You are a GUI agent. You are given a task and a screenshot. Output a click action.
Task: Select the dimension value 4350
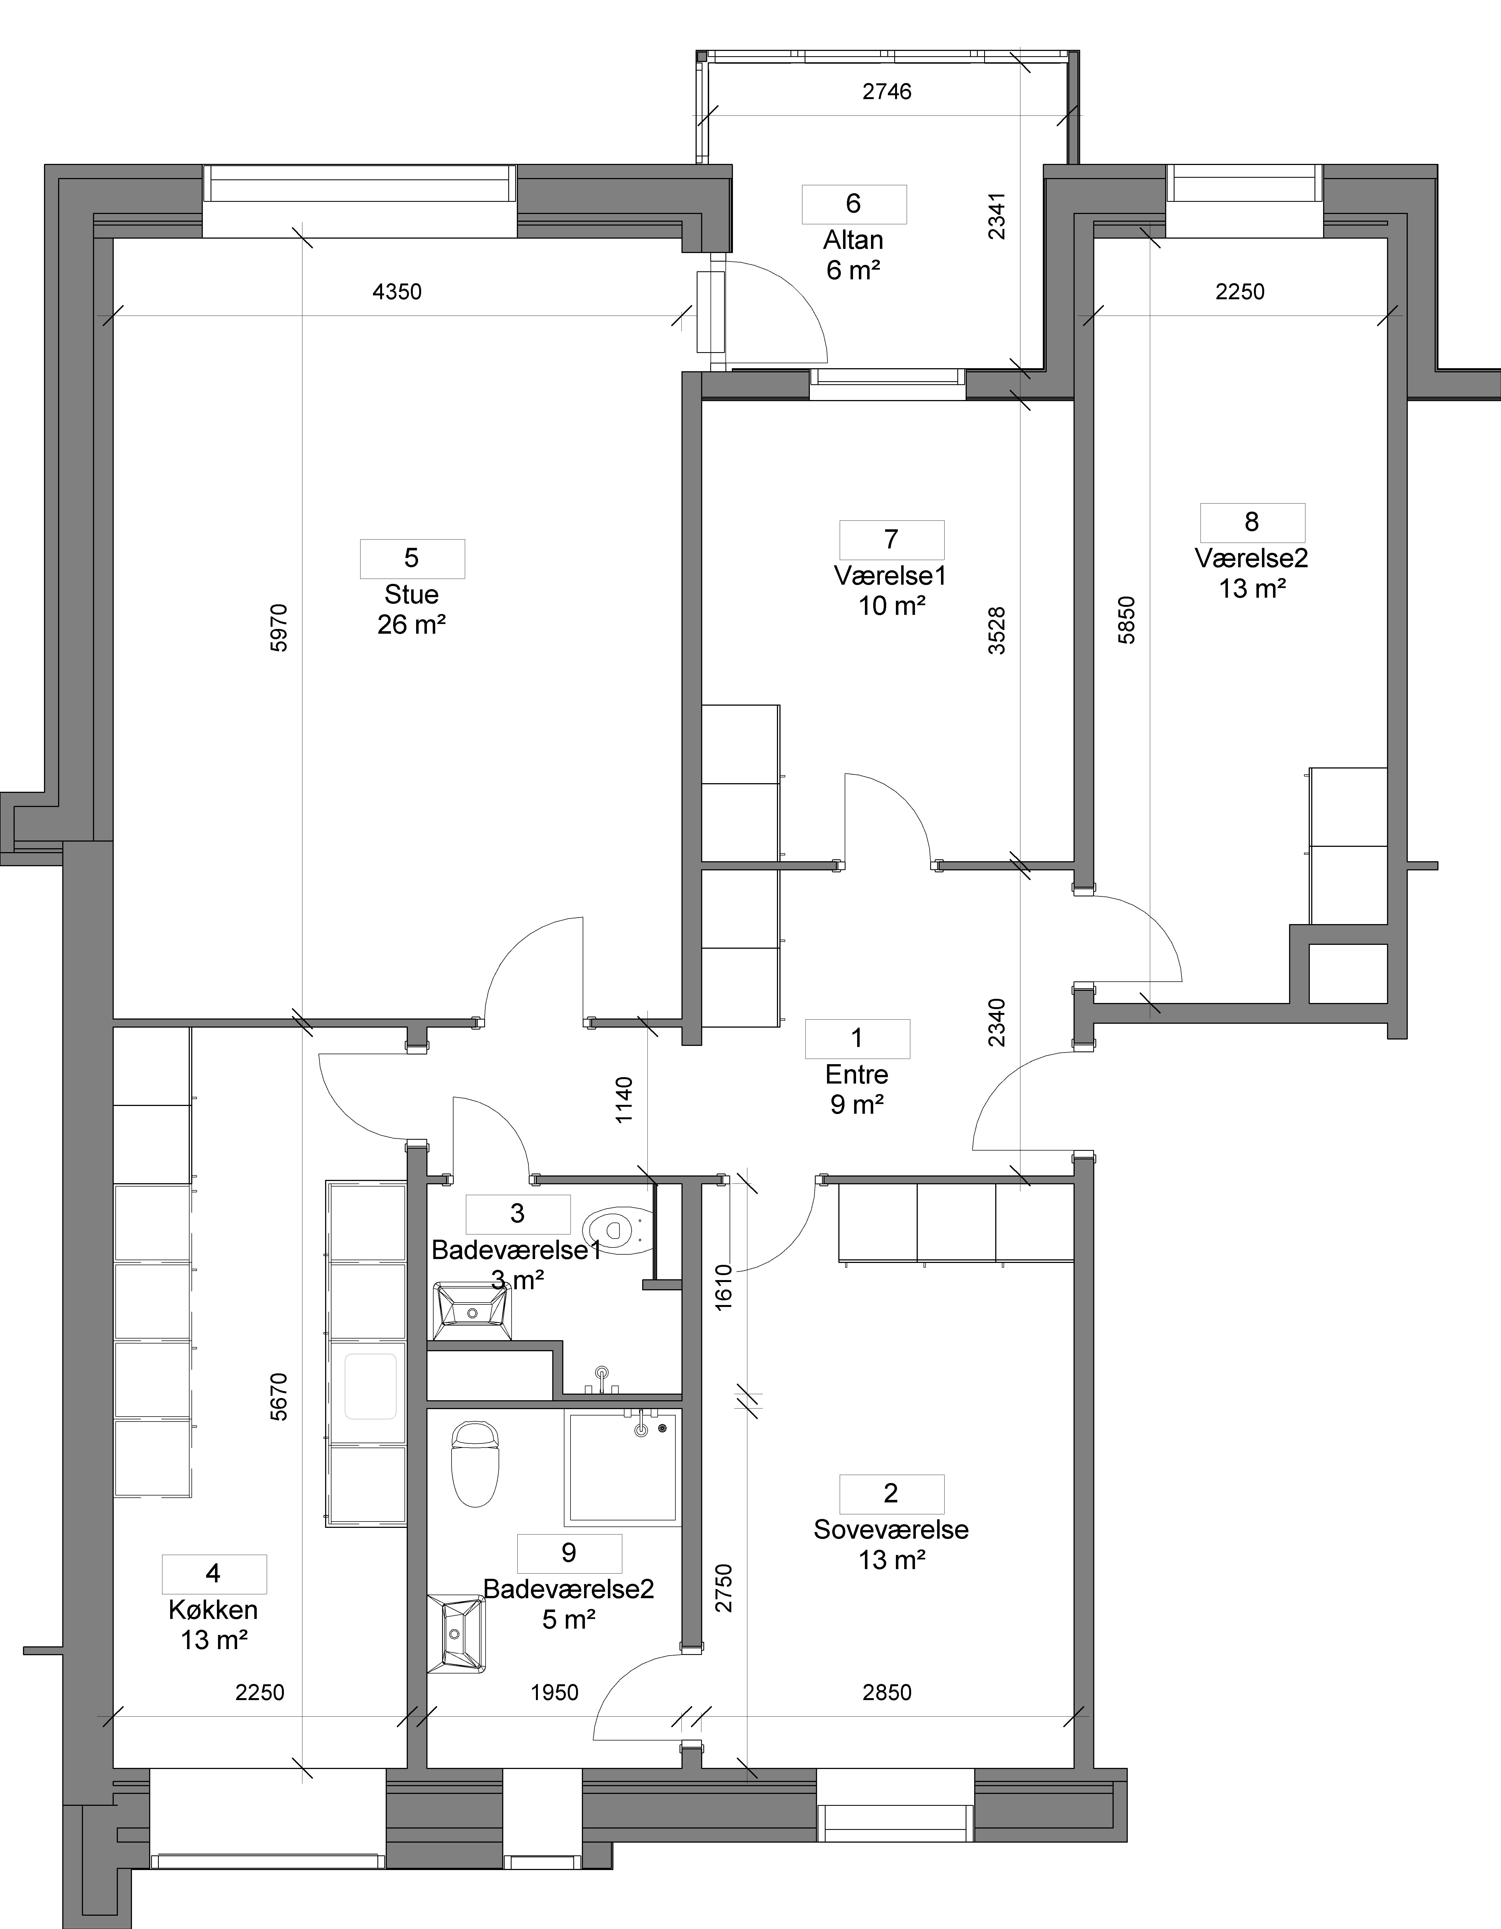pos(397,292)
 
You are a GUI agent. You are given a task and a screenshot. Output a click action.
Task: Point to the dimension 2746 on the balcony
pos(886,91)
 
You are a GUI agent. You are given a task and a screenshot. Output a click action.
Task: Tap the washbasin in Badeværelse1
pos(472,1312)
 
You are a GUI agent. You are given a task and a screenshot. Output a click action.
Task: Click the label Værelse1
pos(890,576)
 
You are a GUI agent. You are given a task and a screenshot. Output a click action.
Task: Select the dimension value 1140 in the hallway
pos(624,1100)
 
